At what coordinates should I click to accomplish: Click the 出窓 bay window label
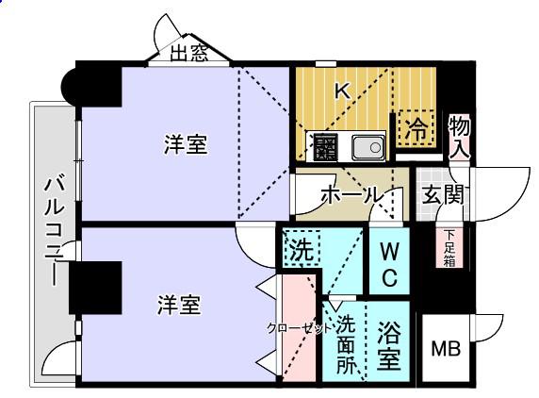(189, 54)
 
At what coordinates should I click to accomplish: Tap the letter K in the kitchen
(343, 91)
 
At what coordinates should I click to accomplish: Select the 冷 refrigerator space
(416, 128)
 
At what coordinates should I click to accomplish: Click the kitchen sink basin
(368, 147)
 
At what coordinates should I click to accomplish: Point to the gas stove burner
(325, 147)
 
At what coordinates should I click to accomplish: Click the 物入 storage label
(460, 137)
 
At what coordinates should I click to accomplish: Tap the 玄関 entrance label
(443, 194)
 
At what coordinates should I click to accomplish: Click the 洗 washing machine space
(302, 248)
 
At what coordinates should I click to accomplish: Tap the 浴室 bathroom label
(389, 345)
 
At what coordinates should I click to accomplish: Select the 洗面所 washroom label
(346, 344)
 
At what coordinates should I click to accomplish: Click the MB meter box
(446, 348)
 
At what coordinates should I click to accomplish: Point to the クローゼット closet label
(300, 328)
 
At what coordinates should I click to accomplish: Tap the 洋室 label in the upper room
(186, 144)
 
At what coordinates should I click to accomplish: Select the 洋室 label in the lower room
(178, 305)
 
